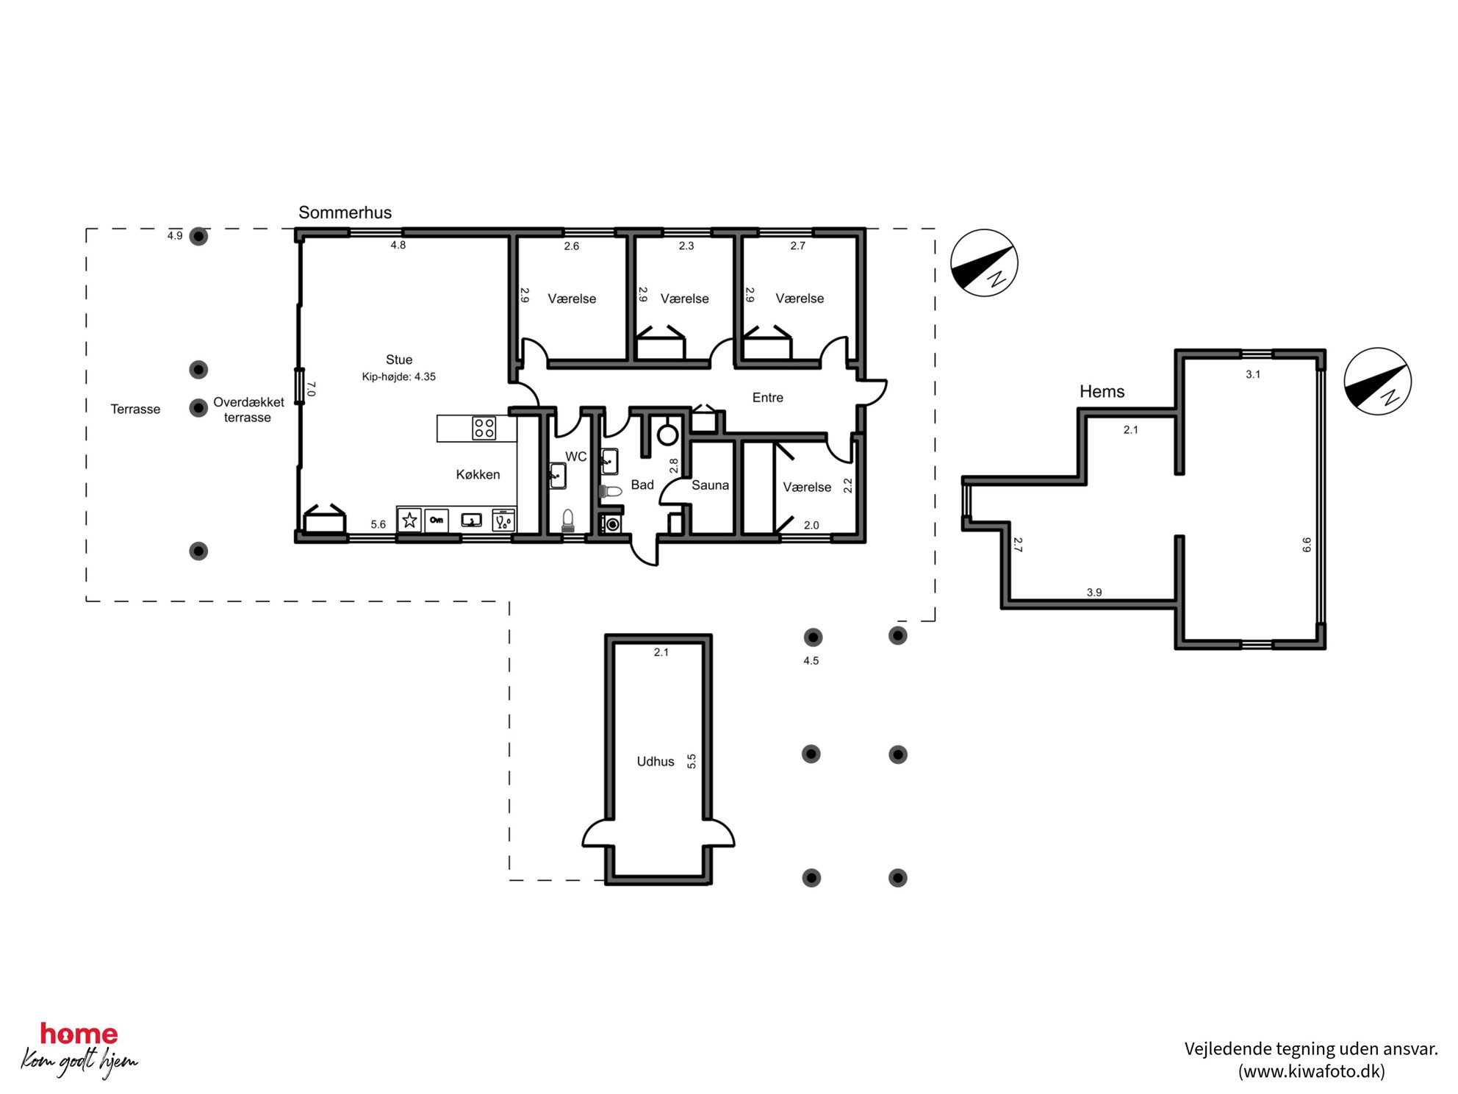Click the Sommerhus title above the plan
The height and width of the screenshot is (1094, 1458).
(345, 212)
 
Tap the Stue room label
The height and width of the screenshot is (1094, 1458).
(399, 360)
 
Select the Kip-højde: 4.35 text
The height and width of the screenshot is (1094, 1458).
(399, 376)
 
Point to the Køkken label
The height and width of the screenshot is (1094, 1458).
(478, 474)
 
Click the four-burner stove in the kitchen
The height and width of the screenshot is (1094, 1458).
(484, 428)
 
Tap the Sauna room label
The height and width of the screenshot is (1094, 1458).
(710, 485)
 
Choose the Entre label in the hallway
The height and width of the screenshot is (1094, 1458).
(768, 398)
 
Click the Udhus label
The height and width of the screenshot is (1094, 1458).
(656, 762)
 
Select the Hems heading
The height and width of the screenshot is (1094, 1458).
(1102, 391)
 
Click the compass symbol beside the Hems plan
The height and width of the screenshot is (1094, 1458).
(1377, 381)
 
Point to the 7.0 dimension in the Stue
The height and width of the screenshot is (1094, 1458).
(311, 389)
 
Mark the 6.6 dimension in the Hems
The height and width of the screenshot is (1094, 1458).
(1307, 545)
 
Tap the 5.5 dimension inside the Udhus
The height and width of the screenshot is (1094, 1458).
(692, 761)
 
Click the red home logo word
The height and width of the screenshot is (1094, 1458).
(79, 1034)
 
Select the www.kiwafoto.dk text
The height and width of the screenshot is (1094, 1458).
(1312, 1071)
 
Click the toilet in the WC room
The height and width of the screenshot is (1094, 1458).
(567, 521)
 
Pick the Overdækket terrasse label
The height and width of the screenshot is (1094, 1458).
(248, 410)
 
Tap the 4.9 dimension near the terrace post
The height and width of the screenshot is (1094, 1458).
(175, 236)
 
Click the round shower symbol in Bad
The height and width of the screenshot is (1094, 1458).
(667, 435)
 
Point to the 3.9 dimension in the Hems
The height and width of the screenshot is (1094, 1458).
(1094, 592)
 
